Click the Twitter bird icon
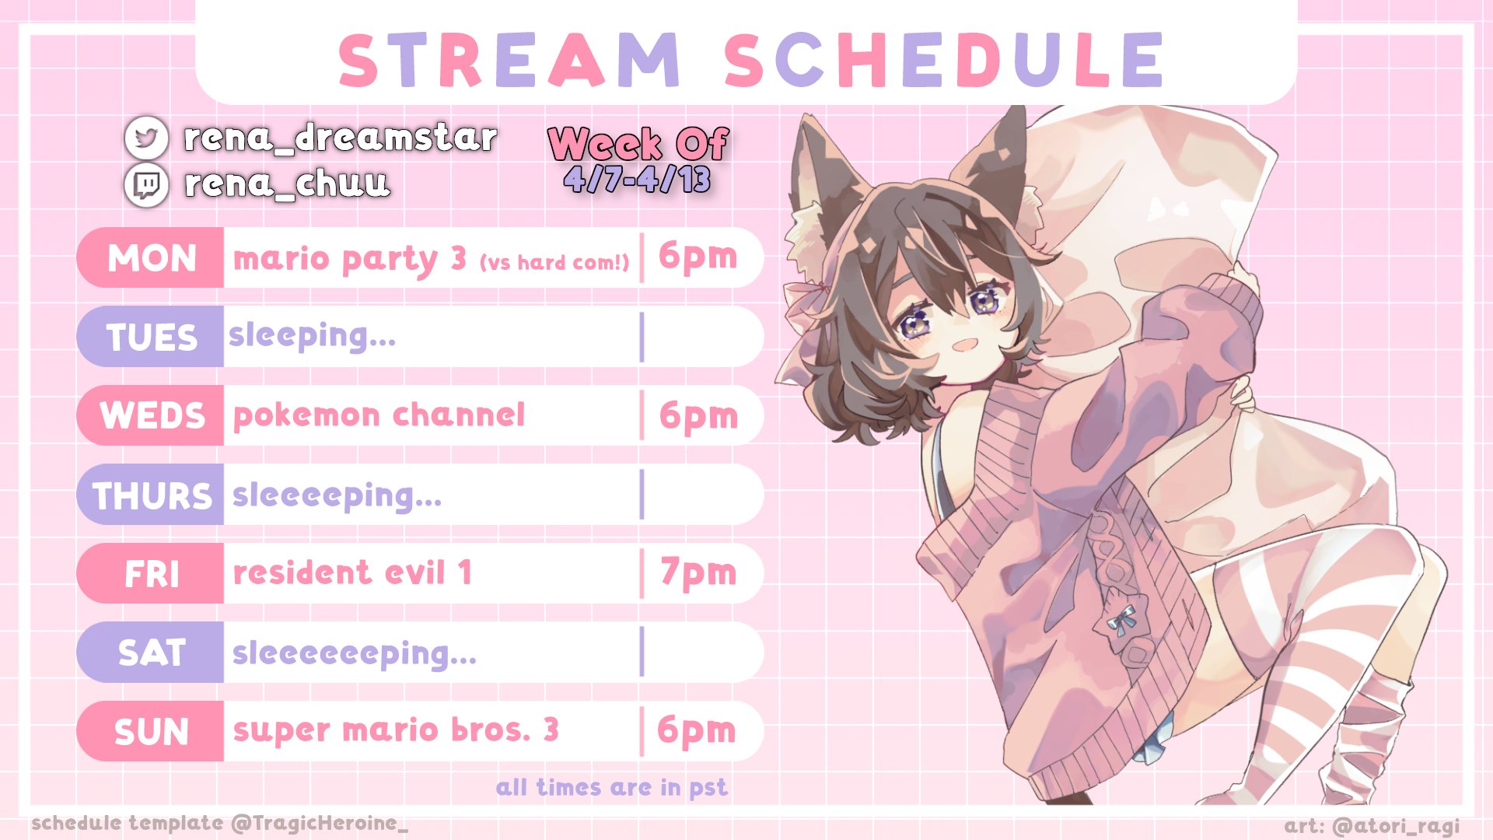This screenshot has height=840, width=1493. click(x=146, y=138)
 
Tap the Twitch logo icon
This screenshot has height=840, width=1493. click(x=146, y=185)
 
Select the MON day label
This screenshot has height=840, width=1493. click(x=152, y=258)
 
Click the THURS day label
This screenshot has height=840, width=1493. click(x=152, y=495)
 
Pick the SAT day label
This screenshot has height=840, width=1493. click(x=152, y=653)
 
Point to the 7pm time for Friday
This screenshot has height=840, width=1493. click(x=698, y=573)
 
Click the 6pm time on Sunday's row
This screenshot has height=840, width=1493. click(x=696, y=730)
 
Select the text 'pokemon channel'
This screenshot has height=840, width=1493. click(x=379, y=415)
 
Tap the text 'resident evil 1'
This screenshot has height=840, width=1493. click(x=352, y=573)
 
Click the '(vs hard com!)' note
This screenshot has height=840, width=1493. click(x=554, y=263)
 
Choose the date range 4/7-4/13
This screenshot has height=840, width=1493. click(x=637, y=180)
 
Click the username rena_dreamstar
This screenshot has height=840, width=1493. click(x=340, y=138)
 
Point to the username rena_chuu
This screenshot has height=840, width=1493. click(x=286, y=184)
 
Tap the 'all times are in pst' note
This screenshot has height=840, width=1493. click(x=612, y=788)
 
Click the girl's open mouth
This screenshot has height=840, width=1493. click(x=965, y=343)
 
